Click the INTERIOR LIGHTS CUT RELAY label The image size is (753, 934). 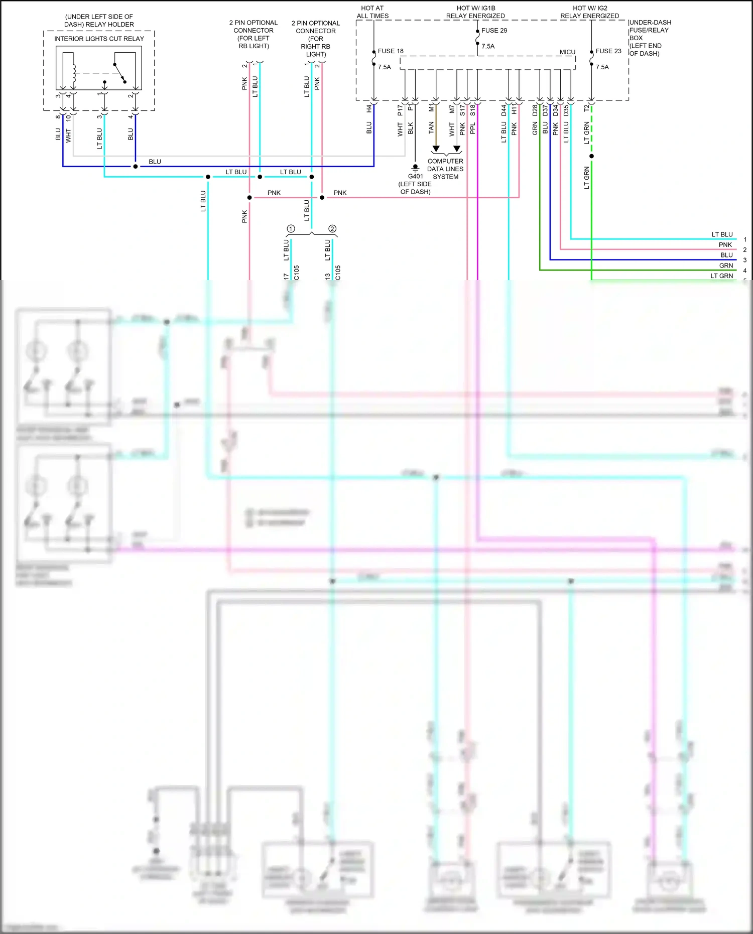[x=99, y=39]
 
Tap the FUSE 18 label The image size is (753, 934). [x=391, y=51]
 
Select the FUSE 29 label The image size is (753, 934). [x=494, y=31]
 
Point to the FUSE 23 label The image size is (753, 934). [x=608, y=51]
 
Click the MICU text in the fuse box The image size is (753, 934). [x=567, y=52]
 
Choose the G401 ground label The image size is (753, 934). [x=415, y=177]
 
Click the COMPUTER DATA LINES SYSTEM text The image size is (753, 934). [x=445, y=169]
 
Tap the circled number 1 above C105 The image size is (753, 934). [x=291, y=229]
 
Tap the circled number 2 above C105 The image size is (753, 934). [x=332, y=229]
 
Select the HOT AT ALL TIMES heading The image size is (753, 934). [x=372, y=12]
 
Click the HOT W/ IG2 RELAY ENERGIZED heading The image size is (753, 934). [x=590, y=12]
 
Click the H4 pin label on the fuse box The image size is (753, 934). [x=369, y=108]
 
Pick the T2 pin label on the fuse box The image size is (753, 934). [x=587, y=108]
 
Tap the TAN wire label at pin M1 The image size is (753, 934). [x=431, y=127]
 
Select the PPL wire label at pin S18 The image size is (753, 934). [x=473, y=128]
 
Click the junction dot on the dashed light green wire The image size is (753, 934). [x=591, y=156]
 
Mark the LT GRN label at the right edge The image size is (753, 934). [x=721, y=276]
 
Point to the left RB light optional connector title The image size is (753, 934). [x=254, y=34]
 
